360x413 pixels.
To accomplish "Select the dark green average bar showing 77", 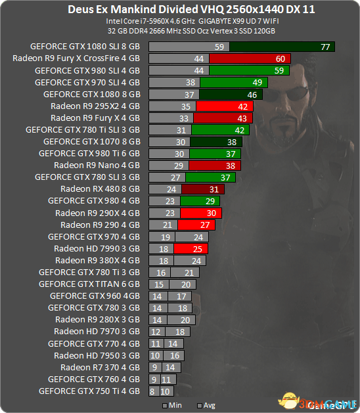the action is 282,47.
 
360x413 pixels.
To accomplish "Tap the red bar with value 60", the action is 250,58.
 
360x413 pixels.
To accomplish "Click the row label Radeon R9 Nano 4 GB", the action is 97,165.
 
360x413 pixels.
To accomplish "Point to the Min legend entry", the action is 172,405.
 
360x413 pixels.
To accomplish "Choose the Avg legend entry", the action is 206,405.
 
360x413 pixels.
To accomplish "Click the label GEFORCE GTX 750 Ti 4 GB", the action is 89,391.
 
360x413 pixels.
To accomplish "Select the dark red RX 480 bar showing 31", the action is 203,189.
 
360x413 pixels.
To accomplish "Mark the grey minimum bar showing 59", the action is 189,47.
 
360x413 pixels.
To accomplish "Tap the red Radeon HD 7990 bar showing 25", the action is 191,249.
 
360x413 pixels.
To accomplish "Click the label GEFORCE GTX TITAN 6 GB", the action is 89,284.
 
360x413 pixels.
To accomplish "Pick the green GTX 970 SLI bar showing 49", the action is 234,83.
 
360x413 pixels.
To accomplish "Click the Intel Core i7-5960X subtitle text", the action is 150,21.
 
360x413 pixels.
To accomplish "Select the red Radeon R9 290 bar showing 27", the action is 196,225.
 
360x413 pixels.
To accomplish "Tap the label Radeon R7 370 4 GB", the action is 100,368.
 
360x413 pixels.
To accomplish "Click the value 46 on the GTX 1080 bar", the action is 252,95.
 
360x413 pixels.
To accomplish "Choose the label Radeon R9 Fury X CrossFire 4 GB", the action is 76,58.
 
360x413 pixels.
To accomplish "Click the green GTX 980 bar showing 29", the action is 200,201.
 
